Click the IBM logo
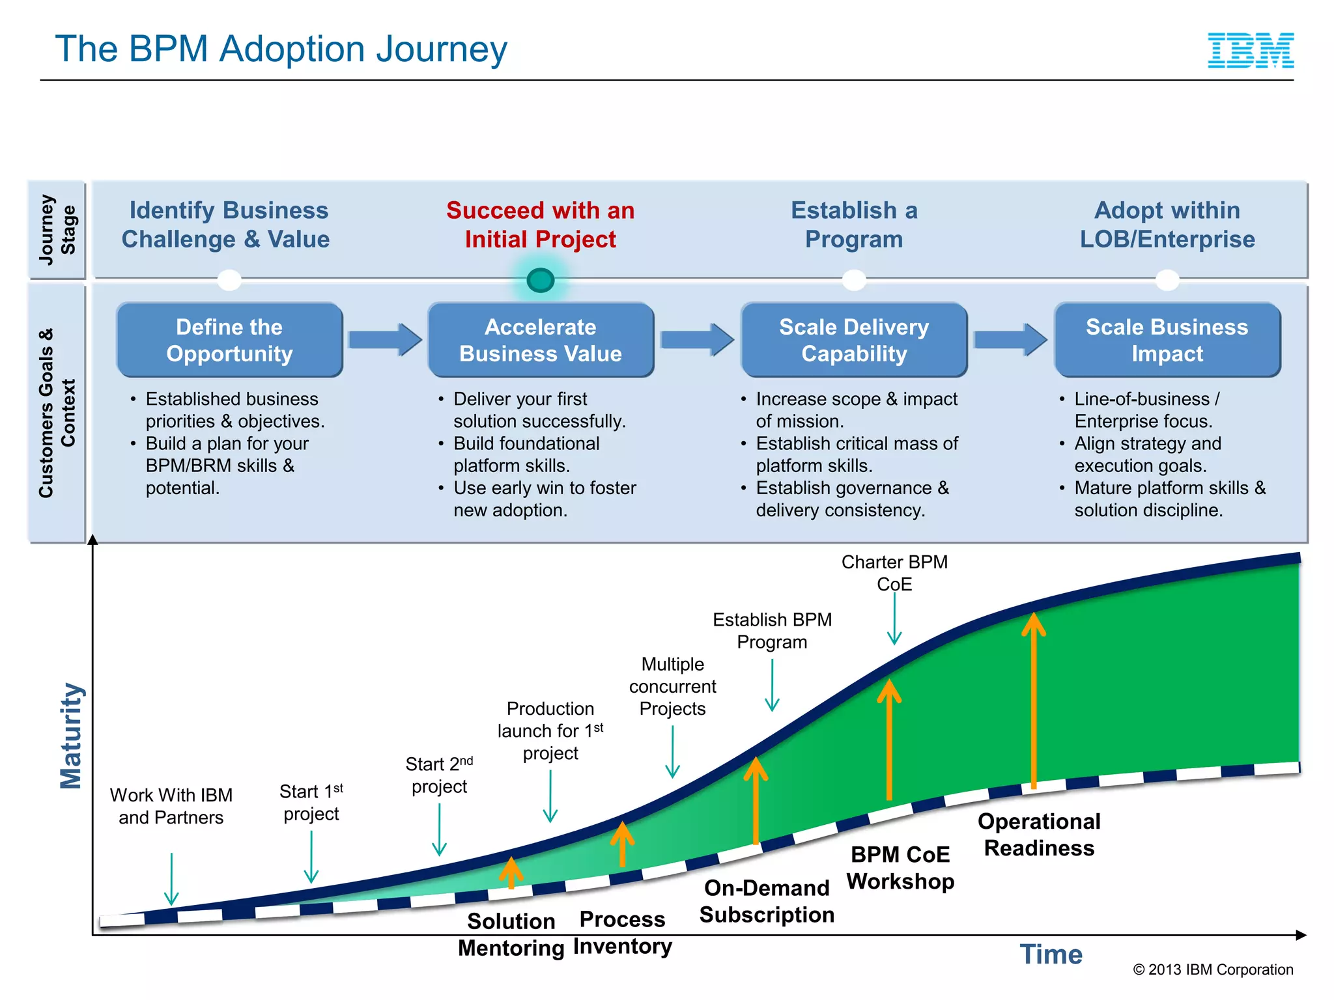1250,51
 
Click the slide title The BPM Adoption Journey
281,49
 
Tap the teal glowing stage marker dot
540,281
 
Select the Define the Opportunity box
229,340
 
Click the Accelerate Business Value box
540,340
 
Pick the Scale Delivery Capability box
853,340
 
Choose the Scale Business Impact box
1167,340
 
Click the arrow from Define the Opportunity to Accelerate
384,339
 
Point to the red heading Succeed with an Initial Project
540,225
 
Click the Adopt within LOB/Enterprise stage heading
1167,225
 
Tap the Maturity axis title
71,736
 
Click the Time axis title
1051,954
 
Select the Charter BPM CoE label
894,573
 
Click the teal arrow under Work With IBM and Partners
171,879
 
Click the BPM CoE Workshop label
900,867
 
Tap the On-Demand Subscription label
767,901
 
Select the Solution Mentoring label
511,934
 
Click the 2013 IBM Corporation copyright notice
1212,969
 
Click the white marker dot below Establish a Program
853,281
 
